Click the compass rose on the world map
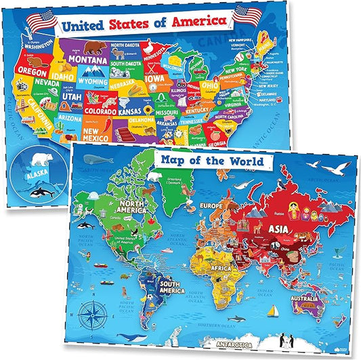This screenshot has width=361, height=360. click(x=91, y=317)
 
